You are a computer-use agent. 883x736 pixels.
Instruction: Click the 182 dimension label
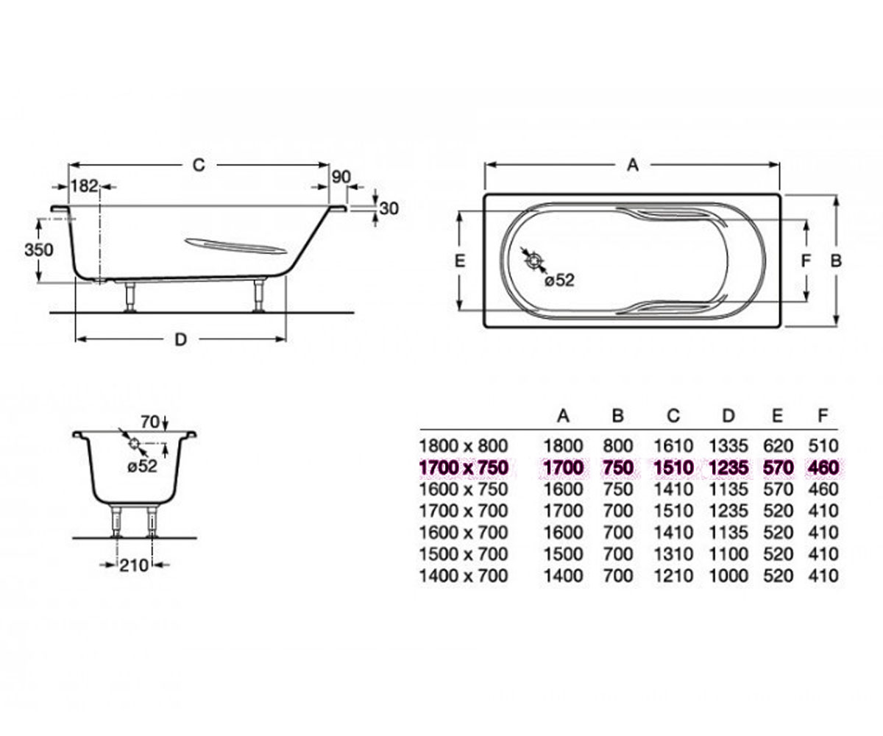pos(84,185)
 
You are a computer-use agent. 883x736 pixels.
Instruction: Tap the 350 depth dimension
pos(39,250)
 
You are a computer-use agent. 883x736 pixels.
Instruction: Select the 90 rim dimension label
pos(341,177)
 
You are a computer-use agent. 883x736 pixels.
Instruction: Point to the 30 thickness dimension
pos(389,208)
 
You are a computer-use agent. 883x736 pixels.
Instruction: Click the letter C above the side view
pos(199,165)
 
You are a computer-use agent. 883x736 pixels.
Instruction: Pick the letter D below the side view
pos(181,339)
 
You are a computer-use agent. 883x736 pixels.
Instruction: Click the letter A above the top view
pos(632,165)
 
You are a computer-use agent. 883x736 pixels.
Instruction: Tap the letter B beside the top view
pos(836,261)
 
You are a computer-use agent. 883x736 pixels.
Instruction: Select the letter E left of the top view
pos(460,261)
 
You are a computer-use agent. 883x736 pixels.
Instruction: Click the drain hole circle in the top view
pos(534,261)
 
